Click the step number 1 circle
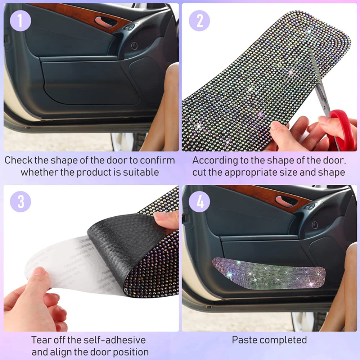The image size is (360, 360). tap(21, 21)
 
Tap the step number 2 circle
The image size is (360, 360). tap(199, 21)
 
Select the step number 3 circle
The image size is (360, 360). tap(21, 202)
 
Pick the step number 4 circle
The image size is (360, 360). tap(199, 202)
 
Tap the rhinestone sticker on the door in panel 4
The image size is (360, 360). tap(269, 273)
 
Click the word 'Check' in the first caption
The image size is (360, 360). tap(18, 160)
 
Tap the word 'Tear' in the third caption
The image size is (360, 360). tap(40, 340)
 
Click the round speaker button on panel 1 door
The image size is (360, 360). tap(134, 46)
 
